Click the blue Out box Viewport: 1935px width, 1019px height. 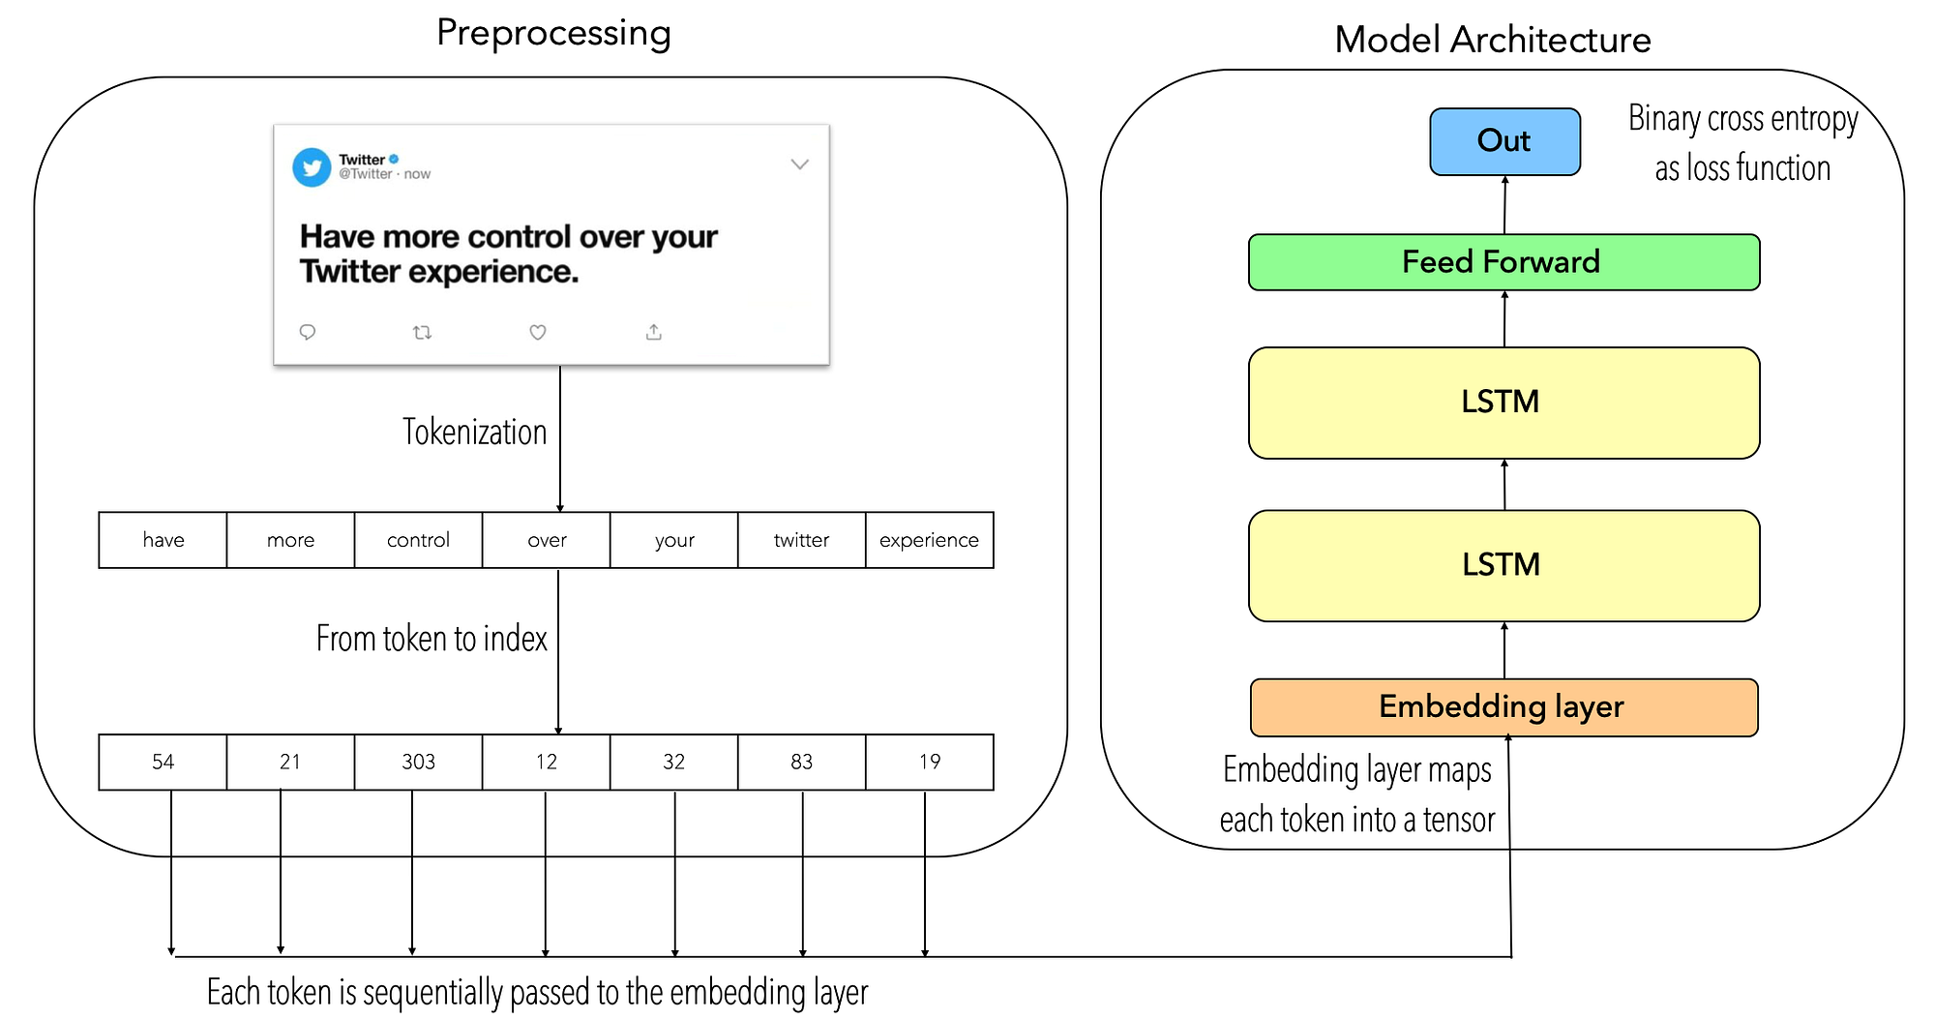coord(1504,141)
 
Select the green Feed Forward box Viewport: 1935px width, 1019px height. coord(1503,262)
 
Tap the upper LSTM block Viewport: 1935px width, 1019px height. coord(1503,403)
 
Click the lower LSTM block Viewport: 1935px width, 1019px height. coord(1503,565)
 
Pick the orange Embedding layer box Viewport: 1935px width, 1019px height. coord(1503,707)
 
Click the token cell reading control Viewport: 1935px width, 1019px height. coord(418,540)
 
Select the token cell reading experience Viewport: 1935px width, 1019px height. coord(929,540)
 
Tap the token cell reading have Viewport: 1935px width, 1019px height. coord(163,540)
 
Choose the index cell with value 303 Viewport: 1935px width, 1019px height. coord(418,763)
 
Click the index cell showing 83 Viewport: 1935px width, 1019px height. coord(801,763)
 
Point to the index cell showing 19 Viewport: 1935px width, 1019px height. coord(929,763)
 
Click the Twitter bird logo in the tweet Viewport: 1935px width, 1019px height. coord(312,167)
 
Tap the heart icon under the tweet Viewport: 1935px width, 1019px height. coord(538,332)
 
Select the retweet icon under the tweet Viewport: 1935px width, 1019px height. coord(422,332)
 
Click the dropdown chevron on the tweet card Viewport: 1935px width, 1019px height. coord(799,165)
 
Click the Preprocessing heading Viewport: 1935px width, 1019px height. coord(553,33)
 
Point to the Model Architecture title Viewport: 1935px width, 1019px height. coord(1492,40)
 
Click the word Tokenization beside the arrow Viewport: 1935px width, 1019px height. coord(474,432)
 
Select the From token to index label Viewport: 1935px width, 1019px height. coord(432,639)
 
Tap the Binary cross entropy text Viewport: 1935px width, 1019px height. coord(1742,119)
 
